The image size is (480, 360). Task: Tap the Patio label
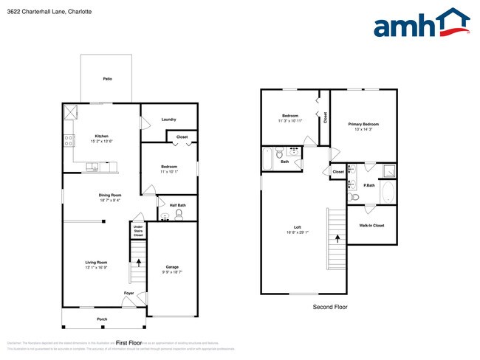(x=107, y=79)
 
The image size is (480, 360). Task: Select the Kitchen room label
(x=101, y=136)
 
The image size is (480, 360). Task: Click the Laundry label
(x=168, y=120)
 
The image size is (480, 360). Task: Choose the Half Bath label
(x=177, y=205)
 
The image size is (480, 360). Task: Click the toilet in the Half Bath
(x=179, y=214)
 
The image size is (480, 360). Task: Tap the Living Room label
(x=97, y=263)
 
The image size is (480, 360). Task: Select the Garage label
(x=172, y=267)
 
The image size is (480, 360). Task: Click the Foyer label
(x=129, y=293)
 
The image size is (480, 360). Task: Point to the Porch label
(x=102, y=319)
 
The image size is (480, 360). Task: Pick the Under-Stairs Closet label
(x=138, y=230)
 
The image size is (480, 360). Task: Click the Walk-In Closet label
(x=371, y=225)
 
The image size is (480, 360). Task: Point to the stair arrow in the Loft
(x=337, y=238)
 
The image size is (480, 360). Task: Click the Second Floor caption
(x=329, y=307)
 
